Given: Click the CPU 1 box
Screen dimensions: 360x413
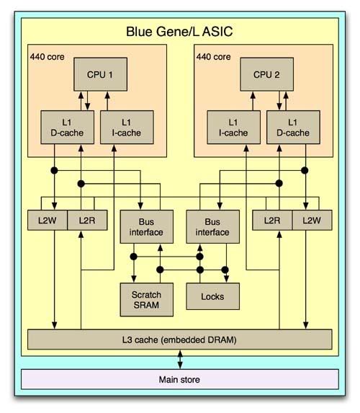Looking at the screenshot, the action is [101, 74].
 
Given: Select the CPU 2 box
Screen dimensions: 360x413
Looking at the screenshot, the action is [267, 74].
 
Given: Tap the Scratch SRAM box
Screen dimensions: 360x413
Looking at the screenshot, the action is [147, 300].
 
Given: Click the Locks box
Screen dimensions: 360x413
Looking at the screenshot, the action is [213, 296].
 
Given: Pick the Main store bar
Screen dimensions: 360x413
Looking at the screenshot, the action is [180, 379].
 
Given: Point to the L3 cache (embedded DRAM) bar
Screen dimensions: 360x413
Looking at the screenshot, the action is [180, 339].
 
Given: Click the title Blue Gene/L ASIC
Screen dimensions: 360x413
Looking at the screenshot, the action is [179, 32].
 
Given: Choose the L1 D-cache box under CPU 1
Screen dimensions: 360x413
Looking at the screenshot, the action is [68, 128].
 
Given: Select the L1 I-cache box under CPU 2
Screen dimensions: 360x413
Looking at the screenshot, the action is [234, 128].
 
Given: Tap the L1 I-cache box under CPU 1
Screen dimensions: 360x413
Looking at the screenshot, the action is [127, 128].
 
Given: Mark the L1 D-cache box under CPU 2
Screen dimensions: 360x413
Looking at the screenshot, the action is [294, 128].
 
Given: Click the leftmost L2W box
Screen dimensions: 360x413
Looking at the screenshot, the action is [48, 221].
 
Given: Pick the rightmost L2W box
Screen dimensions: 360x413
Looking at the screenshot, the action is [312, 221].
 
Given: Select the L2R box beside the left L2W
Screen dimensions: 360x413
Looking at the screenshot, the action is [87, 221].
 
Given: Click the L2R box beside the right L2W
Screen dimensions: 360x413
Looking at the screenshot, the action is [272, 221].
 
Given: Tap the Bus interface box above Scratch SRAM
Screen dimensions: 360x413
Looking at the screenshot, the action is [147, 227].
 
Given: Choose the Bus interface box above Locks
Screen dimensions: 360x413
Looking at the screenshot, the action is [213, 227].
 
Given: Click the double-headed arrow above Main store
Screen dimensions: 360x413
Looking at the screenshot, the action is [180, 359].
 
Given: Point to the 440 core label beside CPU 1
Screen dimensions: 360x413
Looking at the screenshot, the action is [47, 57].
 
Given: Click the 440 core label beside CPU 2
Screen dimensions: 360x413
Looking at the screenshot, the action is [213, 57].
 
